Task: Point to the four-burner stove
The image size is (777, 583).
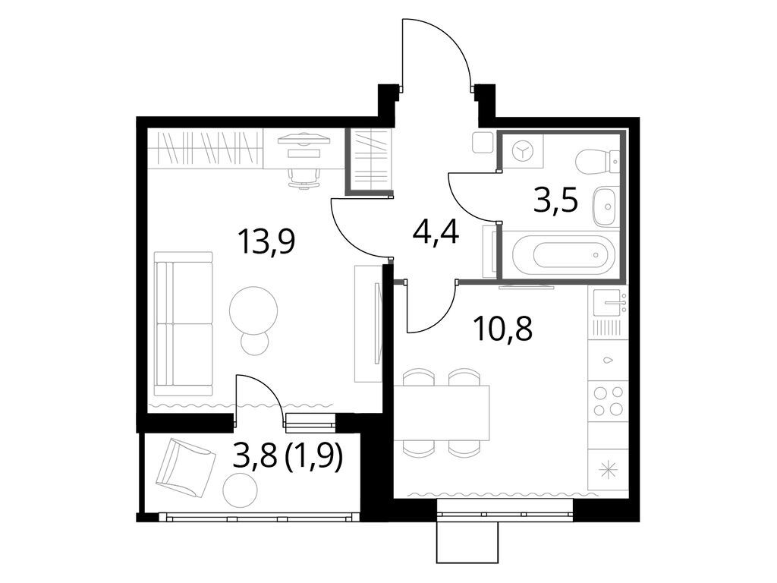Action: (608, 402)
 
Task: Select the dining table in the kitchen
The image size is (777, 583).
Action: (442, 413)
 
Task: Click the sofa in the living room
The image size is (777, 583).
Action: (184, 324)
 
